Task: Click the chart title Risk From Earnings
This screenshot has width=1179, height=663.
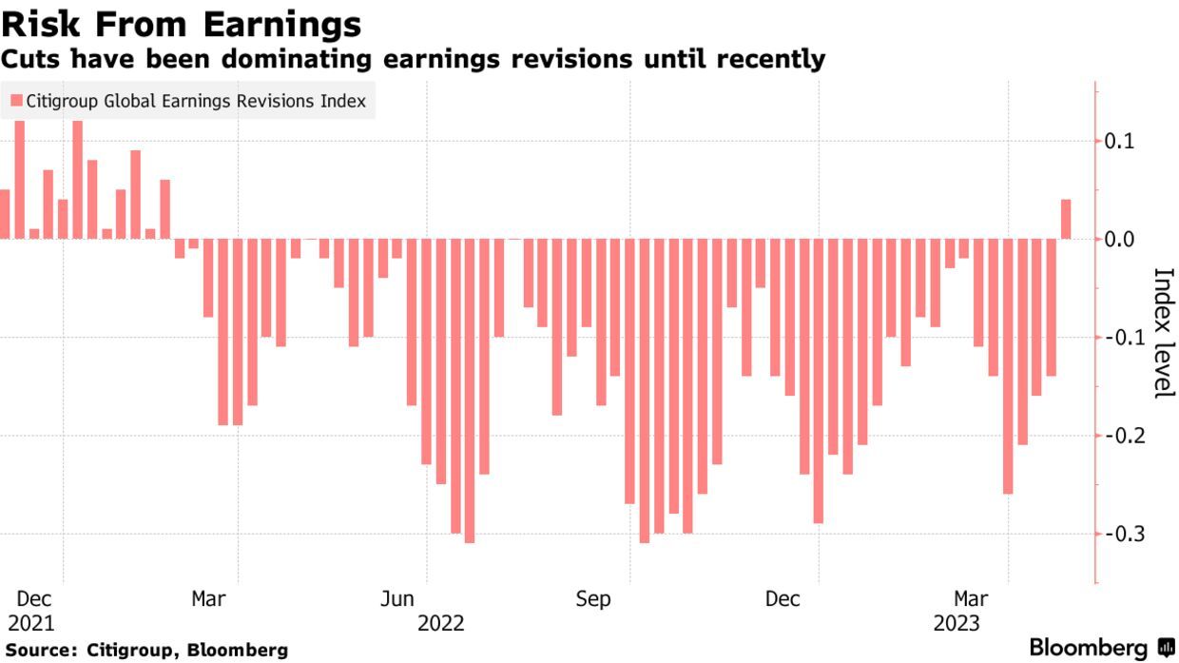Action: click(182, 23)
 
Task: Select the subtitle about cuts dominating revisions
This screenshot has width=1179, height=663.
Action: click(413, 59)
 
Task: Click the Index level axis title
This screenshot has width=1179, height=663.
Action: click(1163, 333)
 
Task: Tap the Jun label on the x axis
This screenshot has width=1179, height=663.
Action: click(397, 599)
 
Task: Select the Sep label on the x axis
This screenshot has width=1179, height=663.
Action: click(593, 599)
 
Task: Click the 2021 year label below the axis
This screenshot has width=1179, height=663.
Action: click(32, 624)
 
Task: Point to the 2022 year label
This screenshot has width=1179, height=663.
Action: click(441, 624)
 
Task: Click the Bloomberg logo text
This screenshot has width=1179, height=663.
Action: click(1089, 648)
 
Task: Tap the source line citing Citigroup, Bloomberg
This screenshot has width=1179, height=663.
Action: click(145, 651)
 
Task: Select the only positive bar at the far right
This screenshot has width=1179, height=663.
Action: click(1066, 219)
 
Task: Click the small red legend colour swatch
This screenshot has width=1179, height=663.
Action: click(16, 101)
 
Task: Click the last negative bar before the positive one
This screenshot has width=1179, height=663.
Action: click(1052, 306)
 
